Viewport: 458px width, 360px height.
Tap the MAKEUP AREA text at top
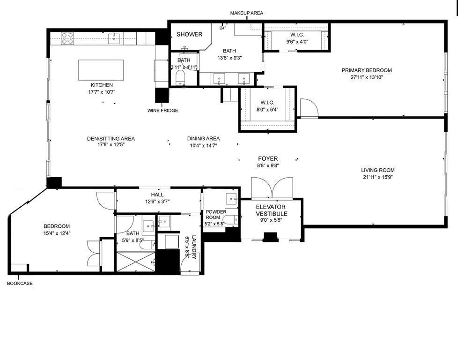[x=246, y=13]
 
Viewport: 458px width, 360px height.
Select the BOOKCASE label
[x=20, y=283]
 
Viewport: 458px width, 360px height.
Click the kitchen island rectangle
[x=101, y=70]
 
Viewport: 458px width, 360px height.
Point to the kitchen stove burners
[x=67, y=38]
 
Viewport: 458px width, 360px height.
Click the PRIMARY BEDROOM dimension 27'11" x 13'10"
[x=366, y=77]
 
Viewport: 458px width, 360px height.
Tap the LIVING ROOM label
[x=377, y=170]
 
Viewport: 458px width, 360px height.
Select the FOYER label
[x=268, y=159]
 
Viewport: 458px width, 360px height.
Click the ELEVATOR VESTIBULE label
[x=271, y=210]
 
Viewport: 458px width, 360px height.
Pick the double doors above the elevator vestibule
[x=271, y=187]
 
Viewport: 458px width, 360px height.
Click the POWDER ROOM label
[x=216, y=214]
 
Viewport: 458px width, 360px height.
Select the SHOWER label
[x=189, y=34]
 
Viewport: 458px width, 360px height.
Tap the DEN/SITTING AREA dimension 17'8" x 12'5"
[x=111, y=145]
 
